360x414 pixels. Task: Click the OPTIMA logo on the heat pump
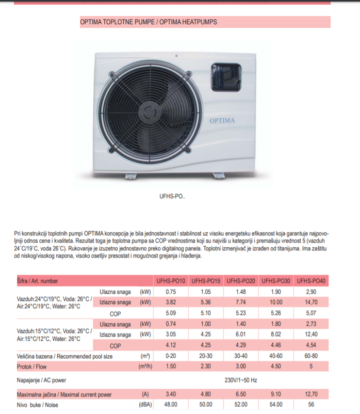[x=222, y=121]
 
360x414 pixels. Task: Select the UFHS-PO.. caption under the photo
[x=173, y=196]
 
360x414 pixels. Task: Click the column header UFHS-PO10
[x=171, y=281]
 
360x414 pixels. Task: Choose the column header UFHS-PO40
[x=312, y=281]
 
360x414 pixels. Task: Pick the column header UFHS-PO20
[x=241, y=281]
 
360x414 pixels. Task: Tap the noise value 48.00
[x=171, y=405]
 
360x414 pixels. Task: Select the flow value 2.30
[x=206, y=367]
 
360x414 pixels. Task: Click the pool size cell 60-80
[x=312, y=356]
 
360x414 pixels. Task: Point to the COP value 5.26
[x=276, y=312]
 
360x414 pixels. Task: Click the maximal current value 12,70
[x=312, y=394]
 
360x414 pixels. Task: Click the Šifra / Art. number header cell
[x=38, y=281]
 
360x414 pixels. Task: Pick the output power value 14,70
[x=312, y=302]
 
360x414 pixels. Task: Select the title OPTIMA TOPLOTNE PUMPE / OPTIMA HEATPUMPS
[x=149, y=22]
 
